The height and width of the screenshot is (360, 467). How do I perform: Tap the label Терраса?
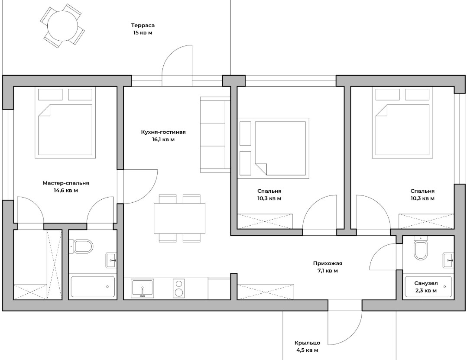pyautogui.click(x=143, y=26)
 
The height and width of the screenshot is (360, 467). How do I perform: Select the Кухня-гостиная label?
pyautogui.click(x=163, y=132)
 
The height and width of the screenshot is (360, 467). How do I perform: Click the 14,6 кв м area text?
pyautogui.click(x=66, y=190)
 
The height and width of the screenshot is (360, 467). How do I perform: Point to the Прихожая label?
pyautogui.click(x=328, y=263)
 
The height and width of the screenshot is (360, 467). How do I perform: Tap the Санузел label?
pyautogui.click(x=426, y=283)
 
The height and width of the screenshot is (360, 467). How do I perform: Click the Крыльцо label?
pyautogui.click(x=308, y=343)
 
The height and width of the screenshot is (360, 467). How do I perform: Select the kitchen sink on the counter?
pyautogui.click(x=143, y=288)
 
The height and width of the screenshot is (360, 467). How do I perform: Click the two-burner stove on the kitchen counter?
pyautogui.click(x=179, y=288)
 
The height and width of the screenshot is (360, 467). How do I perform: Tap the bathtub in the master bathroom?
pyautogui.click(x=93, y=286)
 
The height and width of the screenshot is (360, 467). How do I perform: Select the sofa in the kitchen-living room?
pyautogui.click(x=215, y=135)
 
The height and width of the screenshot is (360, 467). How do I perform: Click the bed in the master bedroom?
pyautogui.click(x=65, y=122)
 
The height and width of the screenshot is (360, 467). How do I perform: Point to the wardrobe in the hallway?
pyautogui.click(x=266, y=292)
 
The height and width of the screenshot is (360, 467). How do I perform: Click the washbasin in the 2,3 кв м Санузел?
pyautogui.click(x=448, y=260)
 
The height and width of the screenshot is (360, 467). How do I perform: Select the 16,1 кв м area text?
pyautogui.click(x=163, y=139)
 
